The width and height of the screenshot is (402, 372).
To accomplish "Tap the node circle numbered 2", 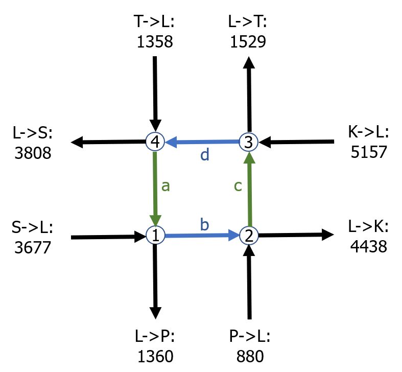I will pos(249,236).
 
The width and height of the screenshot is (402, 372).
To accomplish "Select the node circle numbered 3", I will pos(249,142).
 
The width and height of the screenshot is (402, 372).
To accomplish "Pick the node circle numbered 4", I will pos(155,142).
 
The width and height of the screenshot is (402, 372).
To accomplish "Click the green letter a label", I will pos(165,185).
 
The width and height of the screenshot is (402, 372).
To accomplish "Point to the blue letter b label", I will pos(204,224).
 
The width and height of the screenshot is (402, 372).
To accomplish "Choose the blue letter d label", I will pos(205,155).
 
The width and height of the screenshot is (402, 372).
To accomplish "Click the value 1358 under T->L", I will pos(155,41).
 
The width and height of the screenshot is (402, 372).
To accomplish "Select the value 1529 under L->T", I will pos(248,41).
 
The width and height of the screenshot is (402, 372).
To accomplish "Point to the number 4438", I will pos(368,247).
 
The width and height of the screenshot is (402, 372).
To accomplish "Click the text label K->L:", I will pos(368,133).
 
